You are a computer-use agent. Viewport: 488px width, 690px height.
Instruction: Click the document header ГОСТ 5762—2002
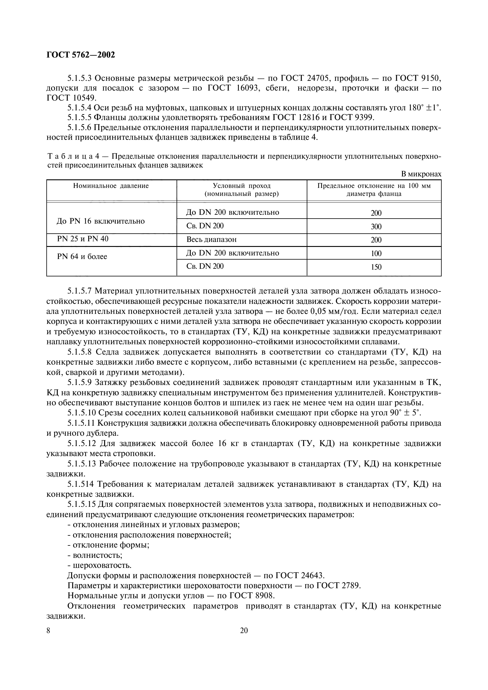point(81,55)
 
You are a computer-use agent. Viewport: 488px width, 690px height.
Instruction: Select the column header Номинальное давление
point(111,186)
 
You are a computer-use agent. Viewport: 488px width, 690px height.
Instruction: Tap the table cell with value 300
point(376,227)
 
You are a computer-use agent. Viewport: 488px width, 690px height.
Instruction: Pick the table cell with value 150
point(376,267)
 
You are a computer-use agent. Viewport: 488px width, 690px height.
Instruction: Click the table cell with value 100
point(376,254)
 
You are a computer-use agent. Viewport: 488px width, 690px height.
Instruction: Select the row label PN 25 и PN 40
point(83,239)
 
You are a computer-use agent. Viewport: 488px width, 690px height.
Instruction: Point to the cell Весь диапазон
point(211,240)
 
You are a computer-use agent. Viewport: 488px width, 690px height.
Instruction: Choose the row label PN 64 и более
point(82,257)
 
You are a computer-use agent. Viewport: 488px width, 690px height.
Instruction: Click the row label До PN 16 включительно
point(101,221)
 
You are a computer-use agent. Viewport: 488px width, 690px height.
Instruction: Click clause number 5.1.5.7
point(79,291)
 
